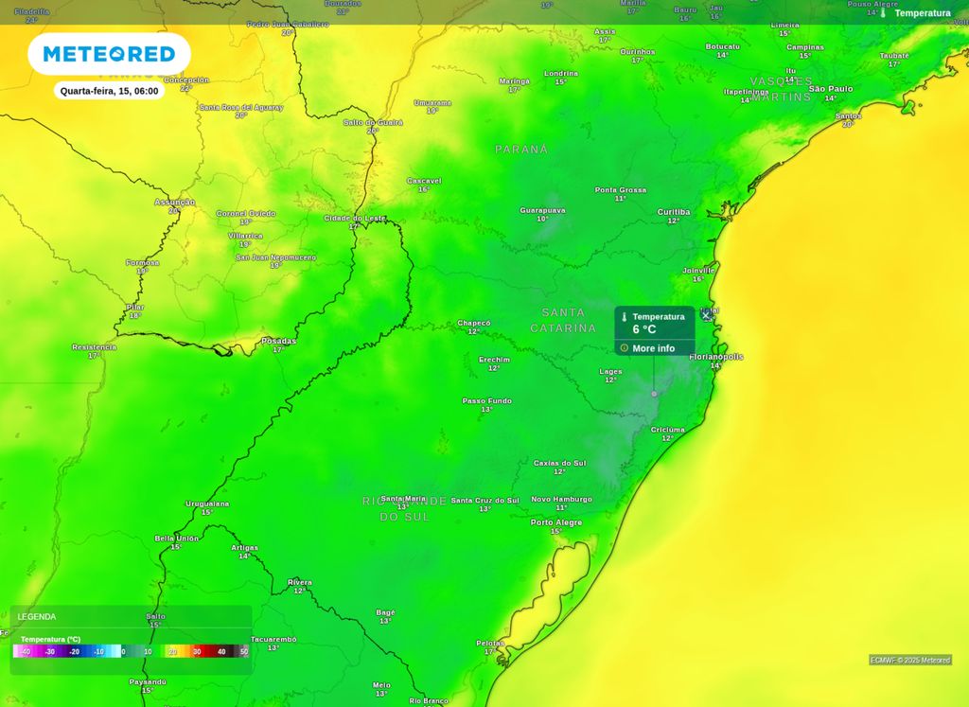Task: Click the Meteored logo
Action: [x=109, y=54]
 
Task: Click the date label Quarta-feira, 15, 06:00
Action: [x=109, y=91]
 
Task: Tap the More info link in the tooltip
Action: [x=653, y=348]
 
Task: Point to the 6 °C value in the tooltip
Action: [x=644, y=329]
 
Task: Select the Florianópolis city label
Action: [x=716, y=357]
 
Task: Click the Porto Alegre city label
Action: [x=556, y=522]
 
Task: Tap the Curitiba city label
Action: [x=673, y=212]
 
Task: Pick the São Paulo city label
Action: [x=830, y=89]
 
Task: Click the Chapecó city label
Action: [x=474, y=323]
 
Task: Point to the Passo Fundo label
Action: [x=486, y=401]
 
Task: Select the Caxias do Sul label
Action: [x=559, y=463]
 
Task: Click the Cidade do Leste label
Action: [x=355, y=219]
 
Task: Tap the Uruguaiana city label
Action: [x=207, y=504]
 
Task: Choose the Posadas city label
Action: [x=278, y=341]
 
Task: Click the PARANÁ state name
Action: [x=521, y=150]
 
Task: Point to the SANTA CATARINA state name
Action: [x=563, y=320]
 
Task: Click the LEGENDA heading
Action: [x=37, y=617]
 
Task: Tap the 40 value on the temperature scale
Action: [x=221, y=651]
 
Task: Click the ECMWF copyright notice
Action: [x=909, y=660]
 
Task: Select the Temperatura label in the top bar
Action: [x=922, y=13]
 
